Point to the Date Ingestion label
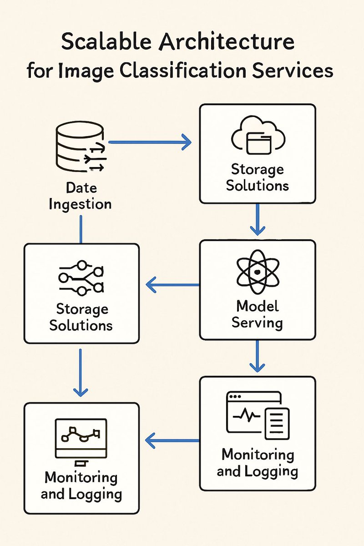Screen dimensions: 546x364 click(81, 196)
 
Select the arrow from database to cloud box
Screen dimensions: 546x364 click(150, 142)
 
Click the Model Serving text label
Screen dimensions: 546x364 click(257, 314)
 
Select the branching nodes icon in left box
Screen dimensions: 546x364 click(81, 278)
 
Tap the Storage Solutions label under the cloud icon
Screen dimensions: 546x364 click(258, 177)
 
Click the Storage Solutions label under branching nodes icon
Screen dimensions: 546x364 click(81, 317)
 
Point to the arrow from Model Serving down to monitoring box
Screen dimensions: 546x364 click(258, 356)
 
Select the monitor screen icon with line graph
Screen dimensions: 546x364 click(81, 437)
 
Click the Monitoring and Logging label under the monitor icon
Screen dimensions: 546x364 click(81, 485)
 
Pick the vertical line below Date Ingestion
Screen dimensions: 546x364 click(81, 229)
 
